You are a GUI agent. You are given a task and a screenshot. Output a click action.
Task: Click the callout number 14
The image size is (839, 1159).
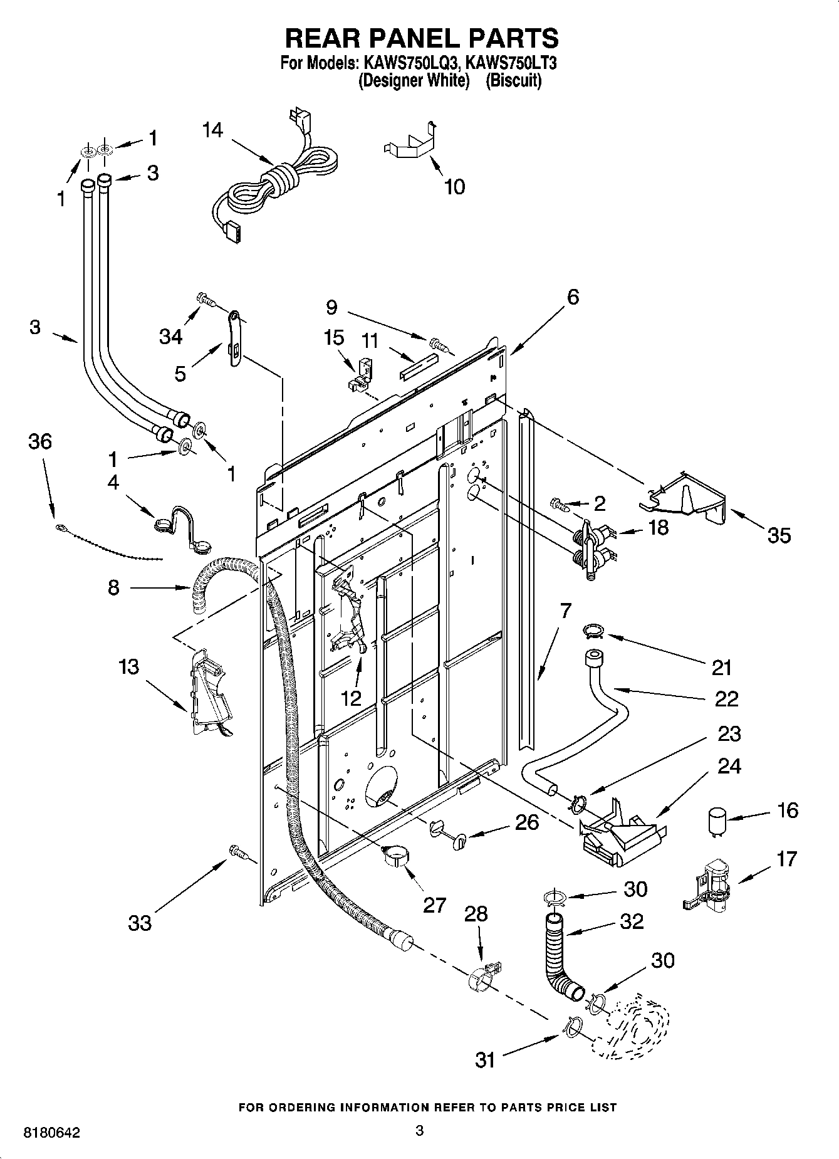(212, 130)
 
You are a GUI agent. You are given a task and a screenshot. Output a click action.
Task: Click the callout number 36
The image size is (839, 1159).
(39, 442)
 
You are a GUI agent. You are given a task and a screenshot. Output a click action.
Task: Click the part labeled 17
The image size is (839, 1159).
(711, 884)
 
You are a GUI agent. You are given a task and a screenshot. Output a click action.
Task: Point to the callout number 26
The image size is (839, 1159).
(526, 822)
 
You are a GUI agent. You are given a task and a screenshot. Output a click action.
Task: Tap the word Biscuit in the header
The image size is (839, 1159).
(513, 81)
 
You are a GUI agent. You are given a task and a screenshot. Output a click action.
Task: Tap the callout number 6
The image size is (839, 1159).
(573, 296)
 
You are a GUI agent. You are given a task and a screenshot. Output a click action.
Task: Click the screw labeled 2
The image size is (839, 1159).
(560, 503)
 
